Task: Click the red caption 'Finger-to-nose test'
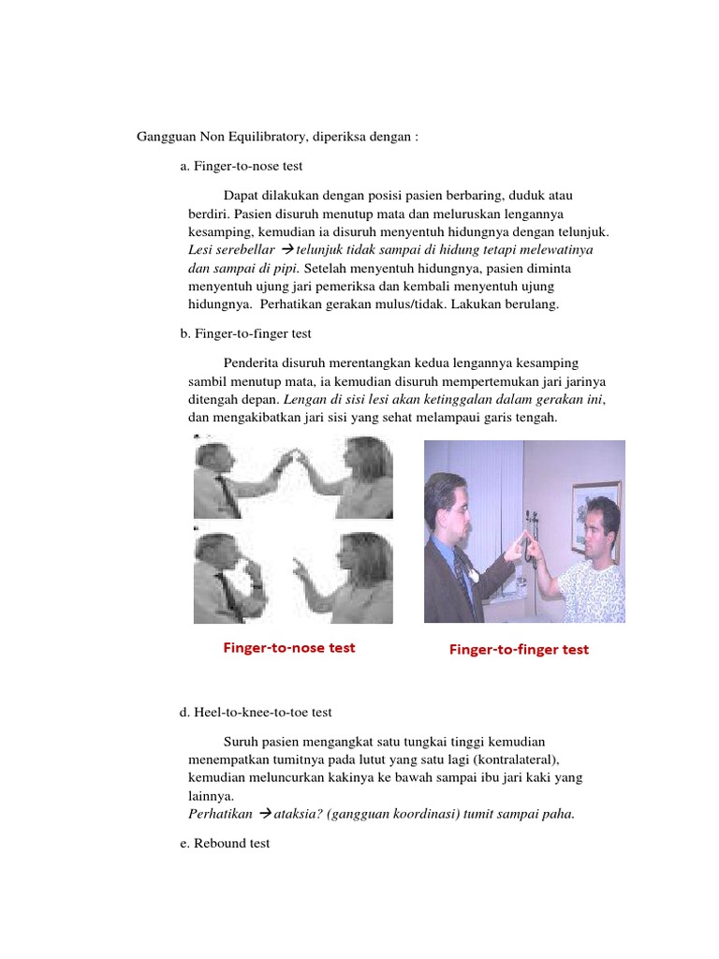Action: (x=288, y=647)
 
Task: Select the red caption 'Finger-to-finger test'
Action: (x=519, y=649)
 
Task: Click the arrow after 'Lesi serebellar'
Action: (x=287, y=251)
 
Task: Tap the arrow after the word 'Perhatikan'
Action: (x=264, y=814)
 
